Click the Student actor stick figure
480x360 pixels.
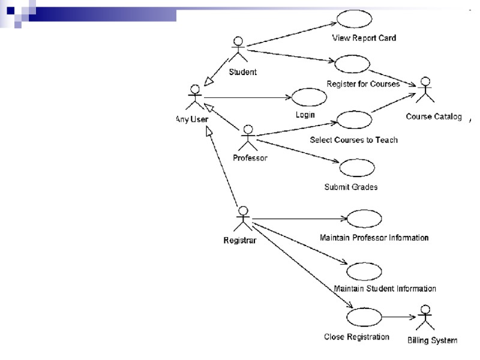tap(238, 50)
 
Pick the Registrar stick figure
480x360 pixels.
tap(243, 220)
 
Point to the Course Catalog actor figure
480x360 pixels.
tap(425, 90)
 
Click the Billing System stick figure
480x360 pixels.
tap(425, 318)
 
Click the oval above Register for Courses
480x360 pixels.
tap(347, 64)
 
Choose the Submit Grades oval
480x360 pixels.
tap(356, 167)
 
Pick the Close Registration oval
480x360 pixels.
tap(364, 316)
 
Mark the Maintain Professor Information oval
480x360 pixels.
tap(364, 218)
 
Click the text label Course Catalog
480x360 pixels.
tap(434, 116)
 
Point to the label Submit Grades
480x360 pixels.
tap(351, 187)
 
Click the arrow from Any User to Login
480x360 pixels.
tap(246, 97)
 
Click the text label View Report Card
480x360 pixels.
tap(364, 38)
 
